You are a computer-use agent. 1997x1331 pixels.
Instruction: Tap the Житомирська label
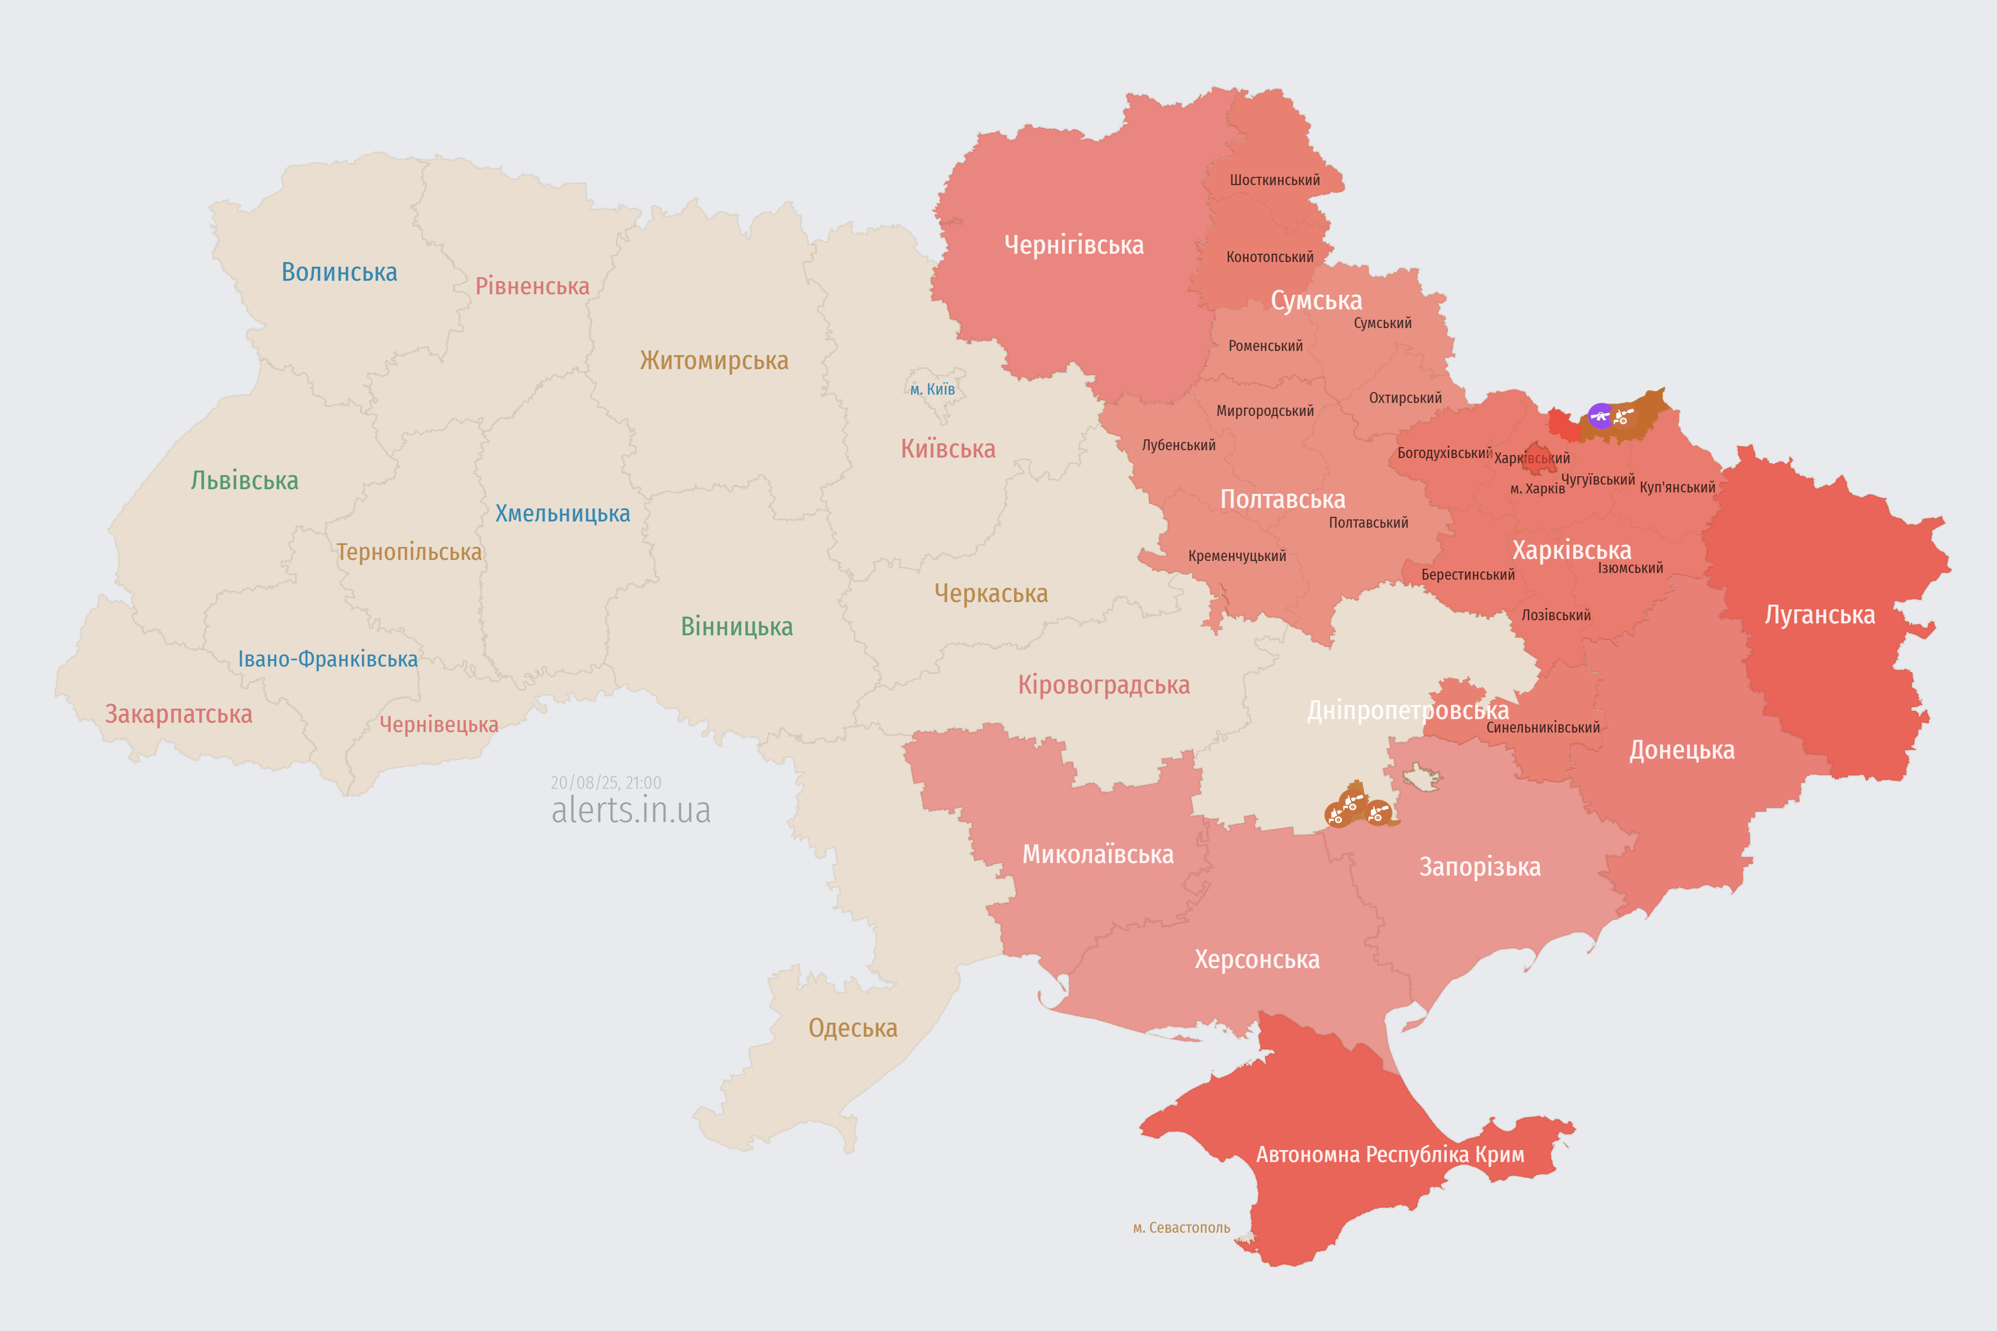(x=714, y=361)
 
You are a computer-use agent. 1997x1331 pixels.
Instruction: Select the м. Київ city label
(x=932, y=389)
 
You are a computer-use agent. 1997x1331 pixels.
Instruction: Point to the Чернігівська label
(x=1073, y=245)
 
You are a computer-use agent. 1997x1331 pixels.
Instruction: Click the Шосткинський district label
(x=1275, y=180)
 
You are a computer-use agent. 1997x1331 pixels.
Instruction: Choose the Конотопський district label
(x=1269, y=257)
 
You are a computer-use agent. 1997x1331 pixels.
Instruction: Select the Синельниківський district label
(x=1543, y=727)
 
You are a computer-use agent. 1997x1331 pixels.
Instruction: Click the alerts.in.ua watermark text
(x=631, y=811)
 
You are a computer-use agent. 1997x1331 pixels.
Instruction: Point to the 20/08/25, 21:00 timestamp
(x=605, y=782)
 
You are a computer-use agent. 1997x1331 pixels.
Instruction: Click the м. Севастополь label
(x=1181, y=1228)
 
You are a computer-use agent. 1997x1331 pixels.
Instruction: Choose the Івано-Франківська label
(x=328, y=660)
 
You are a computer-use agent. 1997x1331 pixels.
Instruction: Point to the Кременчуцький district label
(x=1237, y=556)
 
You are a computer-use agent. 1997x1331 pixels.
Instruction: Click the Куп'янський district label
(x=1677, y=487)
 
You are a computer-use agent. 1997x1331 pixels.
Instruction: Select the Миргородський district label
(x=1264, y=411)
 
